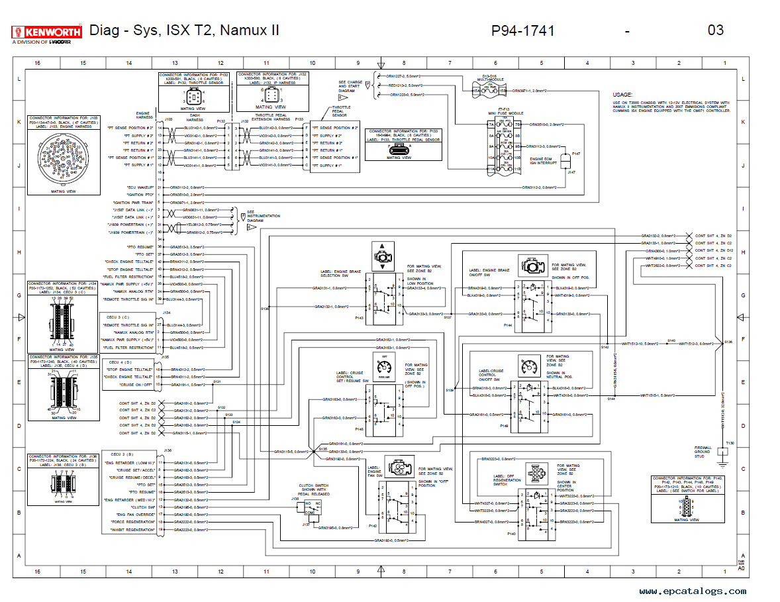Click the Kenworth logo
47,31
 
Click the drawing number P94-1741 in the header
522,30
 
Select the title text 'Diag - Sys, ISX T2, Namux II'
184,30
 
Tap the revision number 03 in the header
715,30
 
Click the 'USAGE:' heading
622,95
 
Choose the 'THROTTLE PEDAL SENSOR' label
341,111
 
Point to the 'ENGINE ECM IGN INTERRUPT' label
543,161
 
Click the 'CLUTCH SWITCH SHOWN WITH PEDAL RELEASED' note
314,489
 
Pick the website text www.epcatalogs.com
693,591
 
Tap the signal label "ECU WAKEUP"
140,187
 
